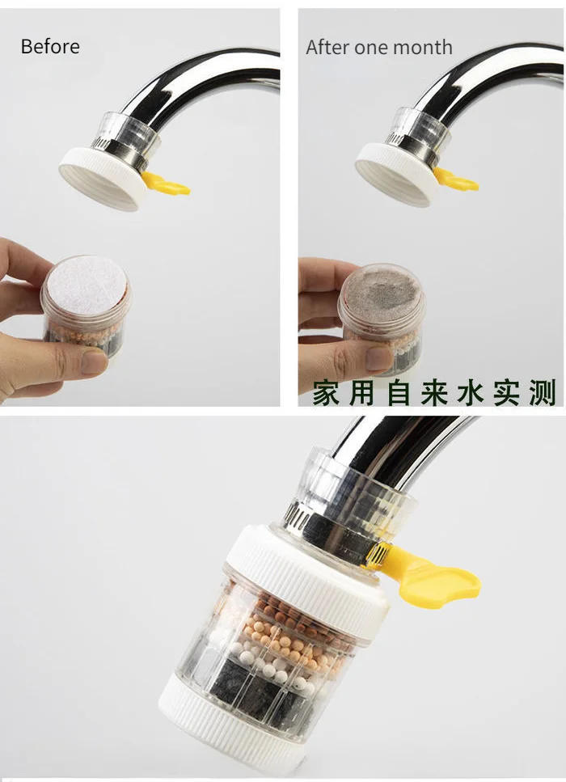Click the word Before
click(50, 47)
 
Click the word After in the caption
click(325, 48)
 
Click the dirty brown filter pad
click(382, 286)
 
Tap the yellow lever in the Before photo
click(167, 186)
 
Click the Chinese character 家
click(326, 394)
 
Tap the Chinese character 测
click(543, 394)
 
